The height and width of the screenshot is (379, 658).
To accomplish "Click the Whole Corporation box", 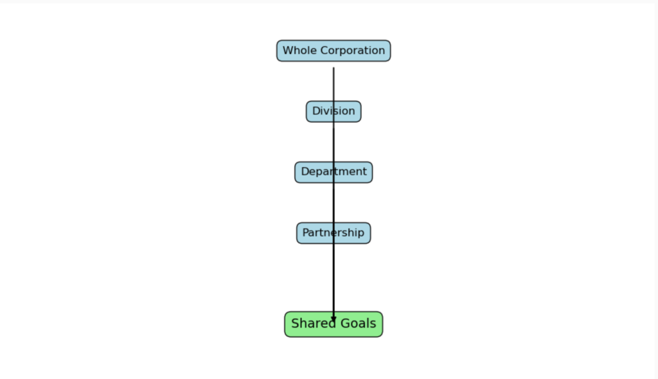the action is coord(333,51).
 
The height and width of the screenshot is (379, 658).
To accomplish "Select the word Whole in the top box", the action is coord(299,50).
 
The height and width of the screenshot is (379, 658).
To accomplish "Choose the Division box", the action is coord(333,111).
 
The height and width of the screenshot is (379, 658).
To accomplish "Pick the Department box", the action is coord(333,172).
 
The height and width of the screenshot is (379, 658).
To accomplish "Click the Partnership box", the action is coord(333,233).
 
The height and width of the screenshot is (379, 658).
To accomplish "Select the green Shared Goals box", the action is coord(333,324).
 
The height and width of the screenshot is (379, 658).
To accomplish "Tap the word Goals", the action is coord(358,323).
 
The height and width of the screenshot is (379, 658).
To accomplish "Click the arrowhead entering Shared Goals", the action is coord(333,319).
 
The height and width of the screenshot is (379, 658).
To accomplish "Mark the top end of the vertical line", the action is coord(333,67).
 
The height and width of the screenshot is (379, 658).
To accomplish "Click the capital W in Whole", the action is coord(288,50).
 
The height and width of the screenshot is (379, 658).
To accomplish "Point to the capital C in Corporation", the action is coord(324,50).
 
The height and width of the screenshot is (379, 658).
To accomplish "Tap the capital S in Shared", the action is coord(296,323).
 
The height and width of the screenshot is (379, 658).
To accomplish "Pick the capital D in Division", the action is coord(316,110).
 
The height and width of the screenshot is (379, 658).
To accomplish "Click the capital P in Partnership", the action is coord(306,233).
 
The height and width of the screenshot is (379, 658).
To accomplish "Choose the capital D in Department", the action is coord(305,172).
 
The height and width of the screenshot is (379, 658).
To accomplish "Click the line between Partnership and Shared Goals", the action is coord(333,278).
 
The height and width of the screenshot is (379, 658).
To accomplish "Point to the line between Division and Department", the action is coord(333,142).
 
